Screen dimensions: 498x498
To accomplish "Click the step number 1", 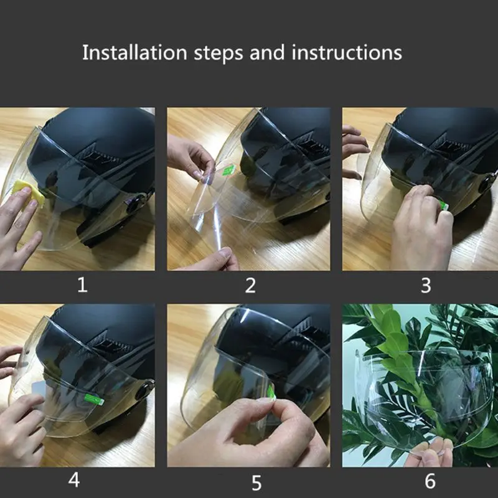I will point(82,285).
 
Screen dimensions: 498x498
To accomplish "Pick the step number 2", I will point(250,285).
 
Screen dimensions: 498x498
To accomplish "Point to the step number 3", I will point(426,285).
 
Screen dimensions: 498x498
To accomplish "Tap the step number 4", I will point(74,481).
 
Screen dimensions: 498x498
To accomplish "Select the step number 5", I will point(256,482).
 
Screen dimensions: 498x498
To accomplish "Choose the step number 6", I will point(430,481).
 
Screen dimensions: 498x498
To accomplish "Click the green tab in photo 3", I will point(444,205).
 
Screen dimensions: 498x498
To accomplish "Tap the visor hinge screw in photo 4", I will point(144,390).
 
